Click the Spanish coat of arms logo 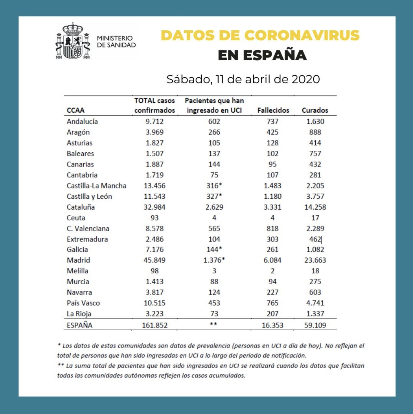(x=73, y=41)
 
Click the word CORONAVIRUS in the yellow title (x=302, y=35)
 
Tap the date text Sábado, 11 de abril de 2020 (x=243, y=79)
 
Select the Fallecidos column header (x=273, y=110)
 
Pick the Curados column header (x=315, y=110)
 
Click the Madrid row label (x=78, y=260)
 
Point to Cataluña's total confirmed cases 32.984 (x=155, y=207)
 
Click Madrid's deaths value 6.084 (x=272, y=260)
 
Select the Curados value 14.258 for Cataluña (x=315, y=207)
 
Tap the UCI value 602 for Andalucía (x=214, y=121)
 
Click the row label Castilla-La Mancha (x=97, y=186)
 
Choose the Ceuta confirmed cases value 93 (x=155, y=218)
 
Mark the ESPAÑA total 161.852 (x=155, y=325)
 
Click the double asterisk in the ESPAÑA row (x=213, y=324)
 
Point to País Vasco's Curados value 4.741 (x=315, y=303)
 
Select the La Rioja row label (x=79, y=314)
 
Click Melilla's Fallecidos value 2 (x=272, y=271)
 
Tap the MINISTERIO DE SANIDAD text (x=116, y=42)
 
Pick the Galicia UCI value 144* (x=214, y=249)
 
